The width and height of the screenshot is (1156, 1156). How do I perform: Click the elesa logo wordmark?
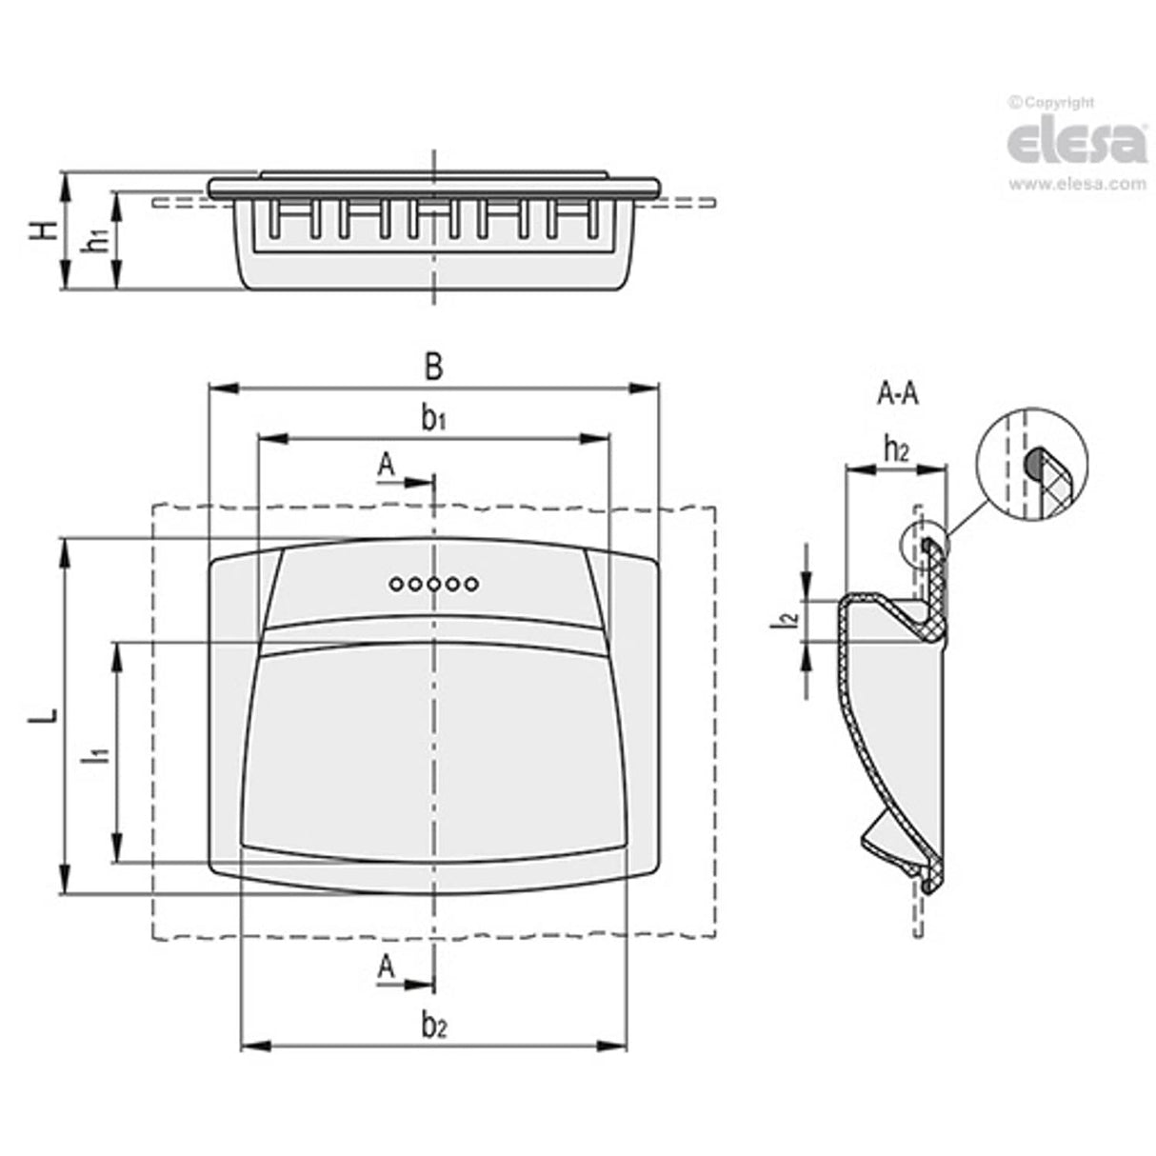(1076, 143)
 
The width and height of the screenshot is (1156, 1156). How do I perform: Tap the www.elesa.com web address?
(1077, 184)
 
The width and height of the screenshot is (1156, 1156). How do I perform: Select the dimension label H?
(45, 230)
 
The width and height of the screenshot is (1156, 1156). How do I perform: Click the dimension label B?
(433, 368)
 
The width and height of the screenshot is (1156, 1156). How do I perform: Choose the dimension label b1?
(433, 419)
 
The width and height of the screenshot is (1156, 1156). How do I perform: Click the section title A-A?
(898, 394)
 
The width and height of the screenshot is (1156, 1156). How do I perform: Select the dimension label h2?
(897, 449)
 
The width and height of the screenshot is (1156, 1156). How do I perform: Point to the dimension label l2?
(786, 620)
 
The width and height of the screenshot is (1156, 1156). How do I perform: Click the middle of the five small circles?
(433, 583)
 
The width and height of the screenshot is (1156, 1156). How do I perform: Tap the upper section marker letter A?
(387, 465)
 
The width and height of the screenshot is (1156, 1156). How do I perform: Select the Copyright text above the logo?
(1051, 103)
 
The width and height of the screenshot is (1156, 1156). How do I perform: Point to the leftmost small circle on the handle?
(395, 583)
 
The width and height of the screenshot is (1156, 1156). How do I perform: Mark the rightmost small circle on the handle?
(472, 583)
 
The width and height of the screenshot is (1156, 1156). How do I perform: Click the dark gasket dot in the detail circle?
(1032, 462)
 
